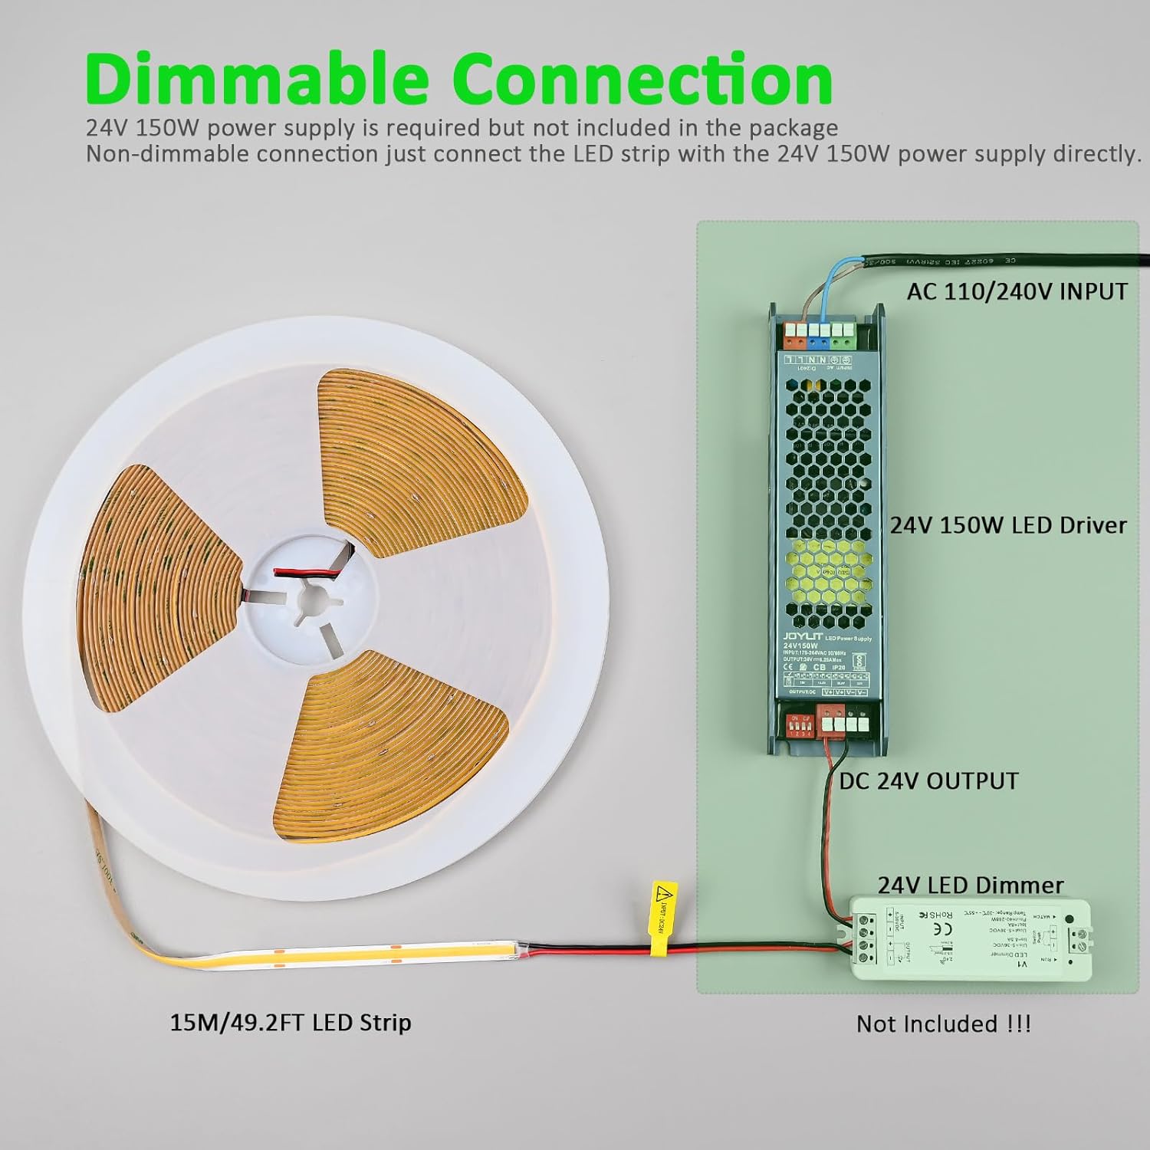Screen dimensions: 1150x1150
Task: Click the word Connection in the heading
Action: tap(642, 79)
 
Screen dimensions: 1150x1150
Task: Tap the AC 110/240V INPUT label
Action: tap(1017, 291)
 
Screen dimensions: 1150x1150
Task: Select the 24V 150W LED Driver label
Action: tap(1008, 525)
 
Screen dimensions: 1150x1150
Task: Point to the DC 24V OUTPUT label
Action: tap(928, 780)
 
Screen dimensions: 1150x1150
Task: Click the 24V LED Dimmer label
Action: tap(971, 885)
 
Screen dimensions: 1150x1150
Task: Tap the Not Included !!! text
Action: tap(943, 1024)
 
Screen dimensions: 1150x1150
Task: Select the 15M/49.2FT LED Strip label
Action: tap(291, 1022)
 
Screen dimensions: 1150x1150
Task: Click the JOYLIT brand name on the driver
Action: tap(802, 636)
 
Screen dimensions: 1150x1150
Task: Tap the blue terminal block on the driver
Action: tap(824, 332)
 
